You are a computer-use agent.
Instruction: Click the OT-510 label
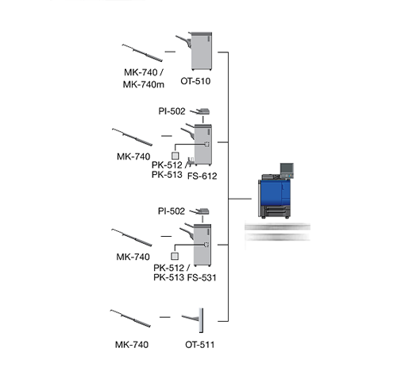(195, 81)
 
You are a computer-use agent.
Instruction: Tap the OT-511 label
(199, 345)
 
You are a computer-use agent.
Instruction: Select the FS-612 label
(202, 176)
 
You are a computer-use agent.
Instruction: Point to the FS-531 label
(202, 277)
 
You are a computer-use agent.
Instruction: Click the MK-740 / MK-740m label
(144, 78)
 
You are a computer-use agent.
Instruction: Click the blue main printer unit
(276, 191)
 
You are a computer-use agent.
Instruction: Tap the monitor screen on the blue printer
(287, 168)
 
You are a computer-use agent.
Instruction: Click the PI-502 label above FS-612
(172, 111)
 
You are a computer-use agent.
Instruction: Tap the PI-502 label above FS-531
(172, 211)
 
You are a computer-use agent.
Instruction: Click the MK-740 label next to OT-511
(132, 345)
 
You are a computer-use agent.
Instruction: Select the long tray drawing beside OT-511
(130, 318)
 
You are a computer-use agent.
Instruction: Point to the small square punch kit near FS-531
(175, 256)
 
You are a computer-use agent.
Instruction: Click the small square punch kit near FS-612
(175, 156)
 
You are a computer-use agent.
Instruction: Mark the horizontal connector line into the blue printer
(240, 199)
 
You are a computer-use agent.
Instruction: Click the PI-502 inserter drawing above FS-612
(200, 111)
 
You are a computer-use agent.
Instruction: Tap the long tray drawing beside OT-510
(142, 52)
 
